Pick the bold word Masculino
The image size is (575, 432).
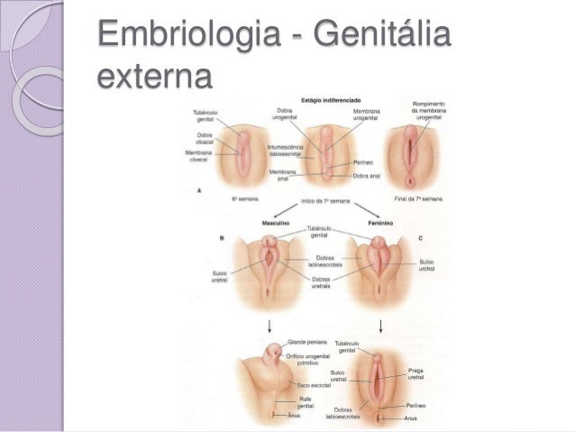[277, 221]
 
